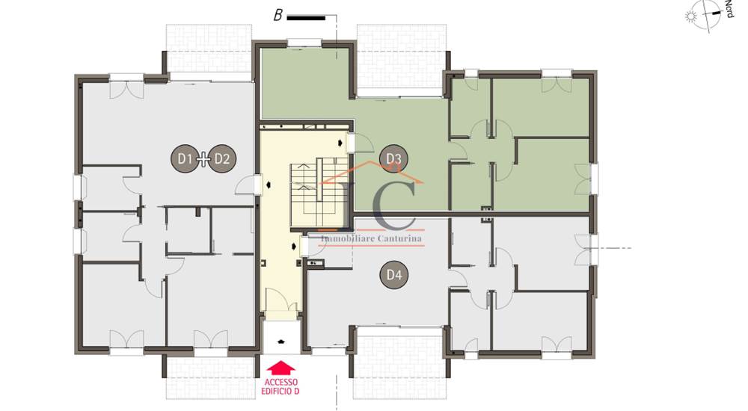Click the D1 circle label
click(x=185, y=158)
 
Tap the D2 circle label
click(x=222, y=158)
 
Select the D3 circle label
click(x=393, y=158)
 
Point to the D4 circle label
click(x=394, y=275)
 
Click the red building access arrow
click(x=281, y=368)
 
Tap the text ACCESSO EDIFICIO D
click(x=280, y=386)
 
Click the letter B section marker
click(x=278, y=15)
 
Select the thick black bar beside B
click(x=306, y=18)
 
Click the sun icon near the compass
click(x=690, y=17)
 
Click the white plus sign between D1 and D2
click(x=203, y=158)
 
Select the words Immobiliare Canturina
click(x=372, y=238)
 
